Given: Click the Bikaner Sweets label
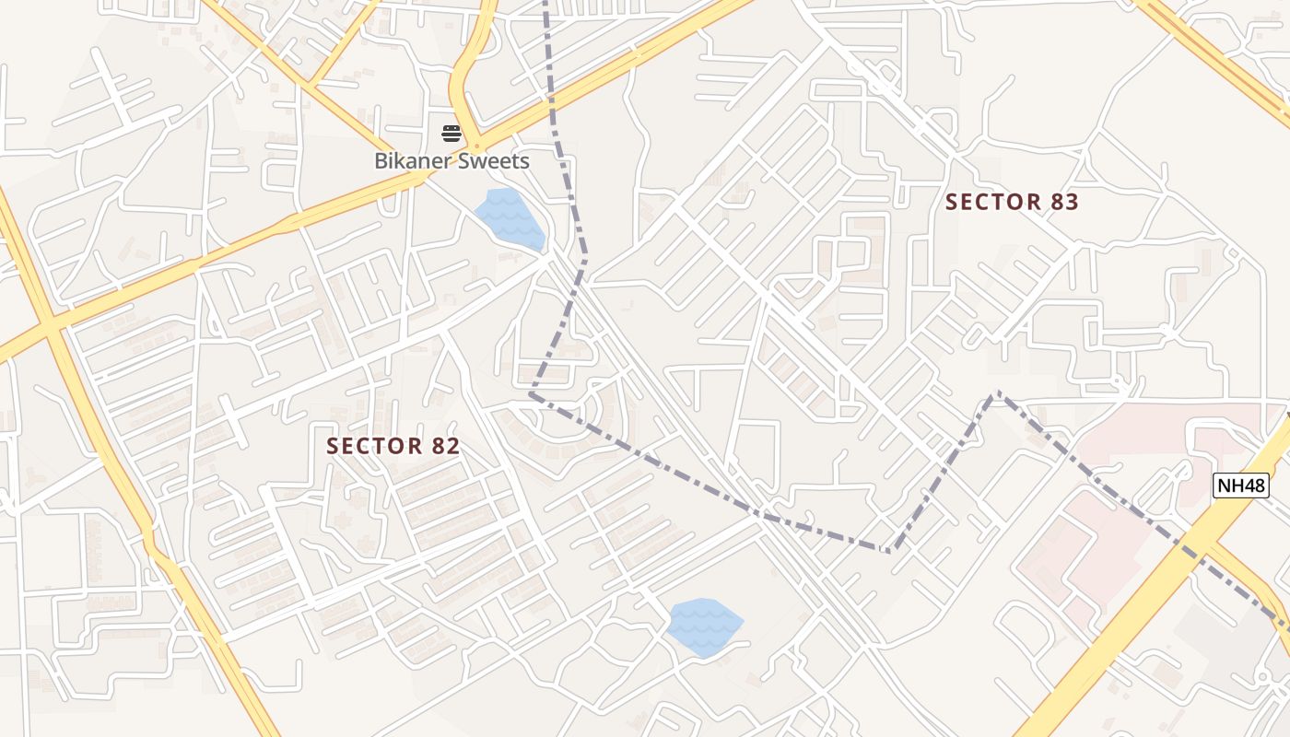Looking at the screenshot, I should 451,161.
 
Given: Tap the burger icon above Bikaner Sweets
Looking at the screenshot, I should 451,134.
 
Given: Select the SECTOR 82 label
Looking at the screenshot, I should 393,446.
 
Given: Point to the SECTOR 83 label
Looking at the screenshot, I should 1012,203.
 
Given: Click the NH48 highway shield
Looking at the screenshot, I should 1240,485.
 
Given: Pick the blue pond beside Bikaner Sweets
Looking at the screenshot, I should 510,218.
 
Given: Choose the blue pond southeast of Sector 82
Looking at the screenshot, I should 704,626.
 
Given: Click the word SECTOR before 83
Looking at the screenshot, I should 990,203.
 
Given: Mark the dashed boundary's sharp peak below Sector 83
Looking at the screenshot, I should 995,393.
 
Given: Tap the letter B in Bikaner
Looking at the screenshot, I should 381,161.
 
